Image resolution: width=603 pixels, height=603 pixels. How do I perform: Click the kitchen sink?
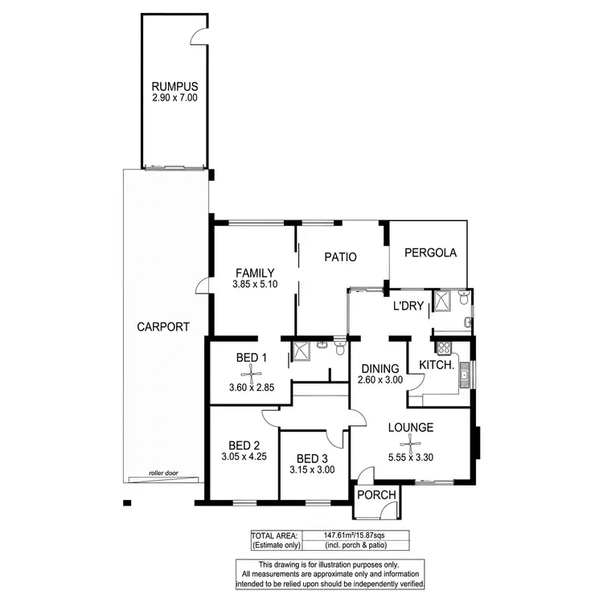(464, 374)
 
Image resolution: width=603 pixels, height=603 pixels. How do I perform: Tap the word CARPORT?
(163, 326)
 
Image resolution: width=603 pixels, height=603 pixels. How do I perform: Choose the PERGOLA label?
(431, 252)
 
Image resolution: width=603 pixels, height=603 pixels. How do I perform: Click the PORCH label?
(376, 495)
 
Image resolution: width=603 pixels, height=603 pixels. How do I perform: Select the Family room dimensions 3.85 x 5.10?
(255, 285)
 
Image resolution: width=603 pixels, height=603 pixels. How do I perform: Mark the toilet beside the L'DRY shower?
(463, 301)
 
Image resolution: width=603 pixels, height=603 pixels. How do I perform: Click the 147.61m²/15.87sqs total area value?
(355, 535)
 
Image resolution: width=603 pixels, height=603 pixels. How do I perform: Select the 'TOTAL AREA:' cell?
(275, 535)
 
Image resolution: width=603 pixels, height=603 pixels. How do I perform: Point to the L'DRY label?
(408, 306)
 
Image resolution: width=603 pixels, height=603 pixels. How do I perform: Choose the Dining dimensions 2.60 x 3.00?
(380, 381)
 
